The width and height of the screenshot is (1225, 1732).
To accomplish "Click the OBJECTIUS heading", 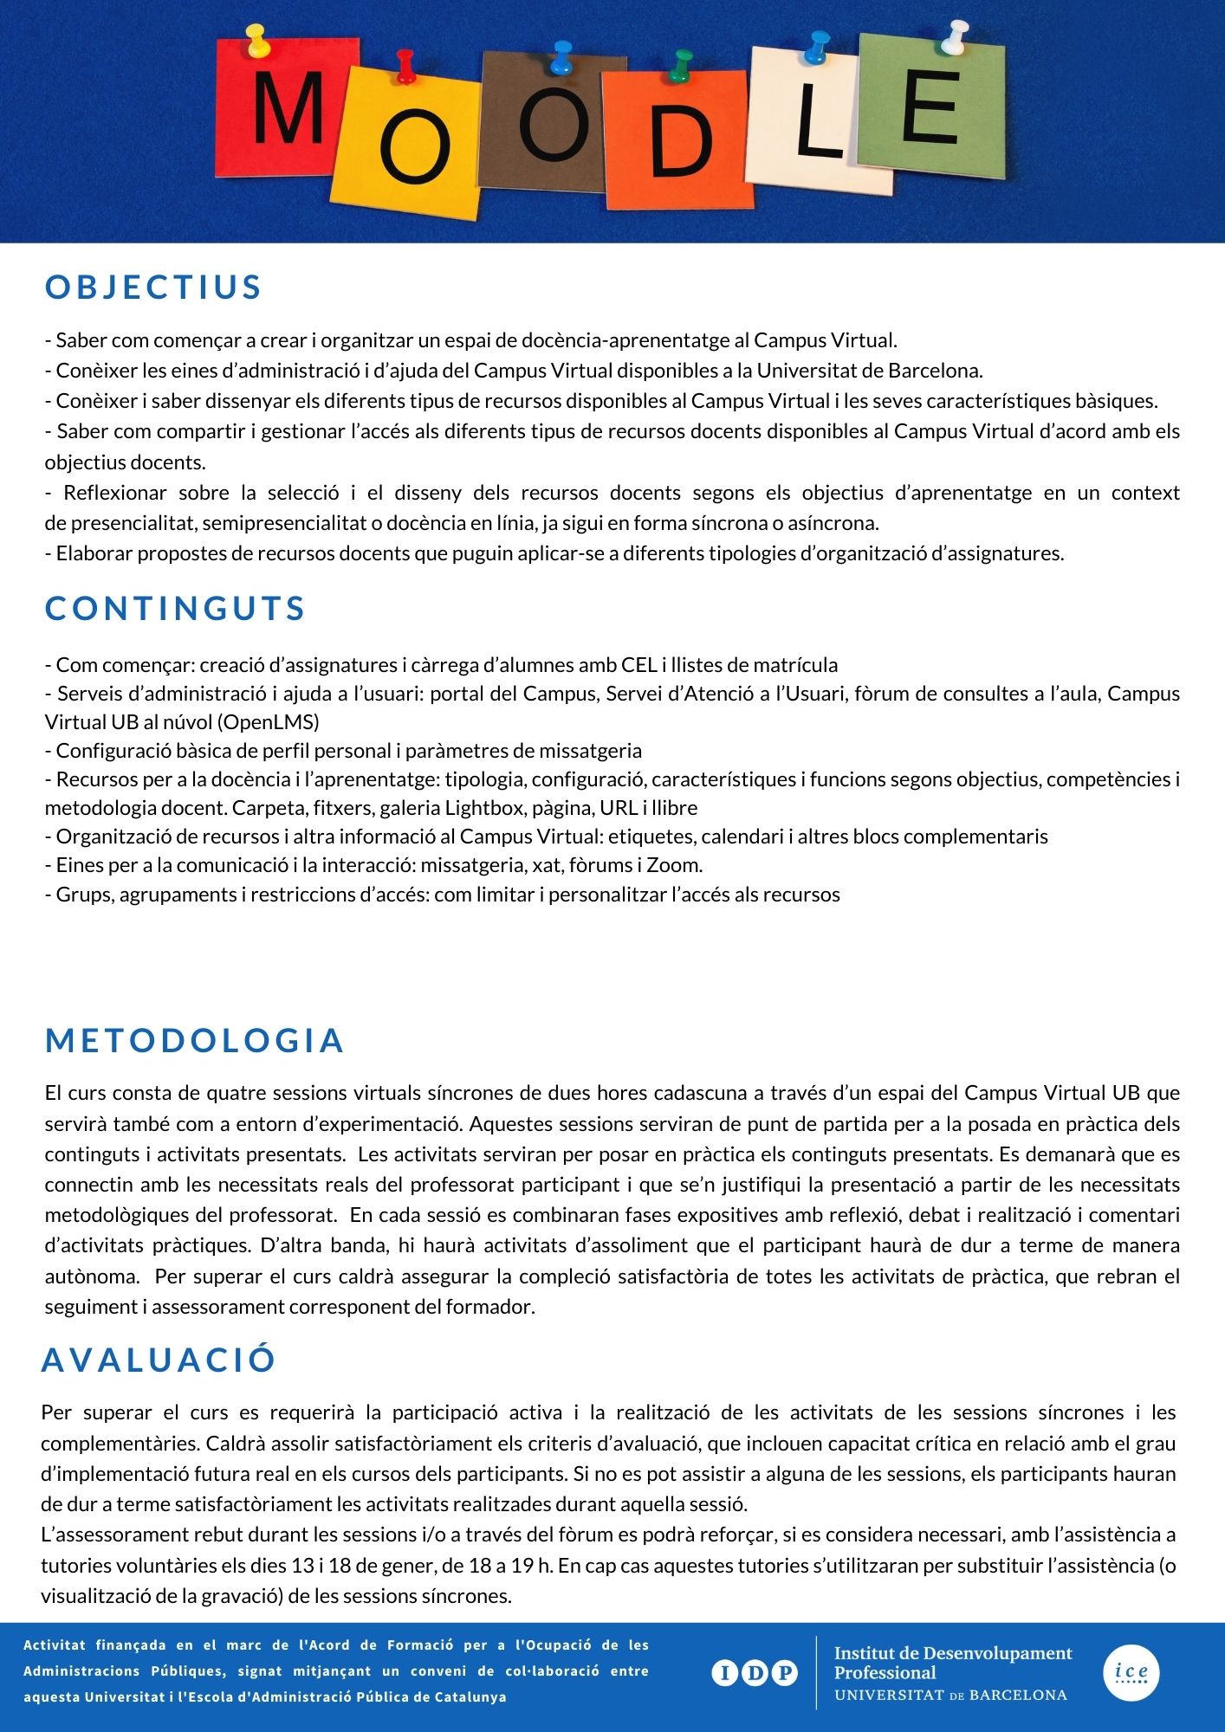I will tap(153, 288).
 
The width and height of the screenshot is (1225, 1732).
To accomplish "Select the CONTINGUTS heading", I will tap(175, 608).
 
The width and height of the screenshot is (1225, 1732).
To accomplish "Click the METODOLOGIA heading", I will tap(195, 1040).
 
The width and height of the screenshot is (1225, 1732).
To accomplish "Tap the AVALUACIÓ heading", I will tap(159, 1360).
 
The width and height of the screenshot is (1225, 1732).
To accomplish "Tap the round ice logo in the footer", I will tap(1131, 1671).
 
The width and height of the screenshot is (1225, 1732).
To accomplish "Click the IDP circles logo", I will tap(755, 1673).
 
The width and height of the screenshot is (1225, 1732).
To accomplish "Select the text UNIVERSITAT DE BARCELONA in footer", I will tap(950, 1695).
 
